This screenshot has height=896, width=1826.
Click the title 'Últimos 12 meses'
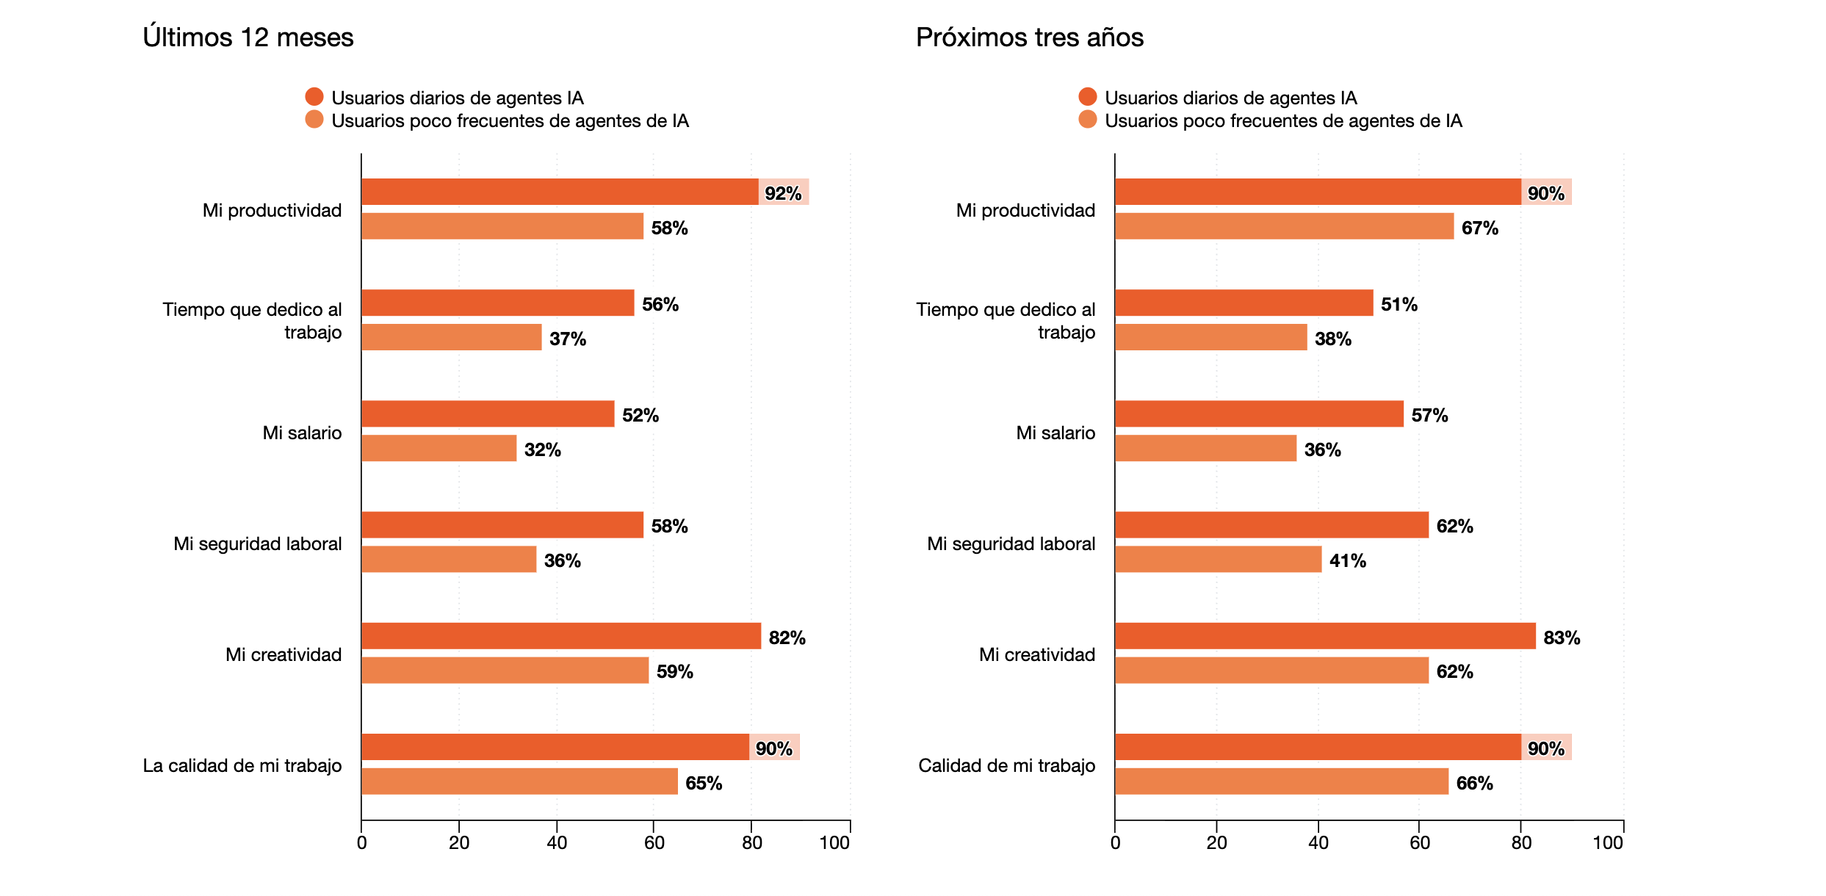point(248,37)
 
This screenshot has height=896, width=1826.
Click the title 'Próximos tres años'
point(1029,37)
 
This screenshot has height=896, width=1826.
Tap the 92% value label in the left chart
point(783,193)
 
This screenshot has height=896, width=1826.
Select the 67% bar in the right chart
point(1284,226)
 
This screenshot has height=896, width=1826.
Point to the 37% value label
point(568,339)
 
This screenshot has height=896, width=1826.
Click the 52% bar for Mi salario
point(488,413)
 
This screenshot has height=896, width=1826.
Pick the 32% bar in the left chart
point(439,448)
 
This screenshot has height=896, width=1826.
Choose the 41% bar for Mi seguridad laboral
point(1218,559)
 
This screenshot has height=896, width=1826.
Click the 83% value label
point(1562,637)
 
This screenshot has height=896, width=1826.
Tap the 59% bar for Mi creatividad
point(505,670)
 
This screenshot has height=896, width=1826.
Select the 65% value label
point(704,783)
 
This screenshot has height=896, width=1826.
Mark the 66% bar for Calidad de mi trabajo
point(1282,781)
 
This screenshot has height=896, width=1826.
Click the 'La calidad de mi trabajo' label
point(242,765)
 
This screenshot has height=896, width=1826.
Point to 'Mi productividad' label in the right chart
point(1025,210)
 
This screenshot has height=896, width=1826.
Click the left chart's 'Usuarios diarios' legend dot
point(314,96)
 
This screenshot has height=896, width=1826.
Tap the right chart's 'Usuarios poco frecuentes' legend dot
point(1088,119)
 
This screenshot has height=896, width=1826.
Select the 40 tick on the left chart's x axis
point(557,842)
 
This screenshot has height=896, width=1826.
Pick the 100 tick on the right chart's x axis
point(1608,842)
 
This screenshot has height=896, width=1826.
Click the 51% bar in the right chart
point(1244,303)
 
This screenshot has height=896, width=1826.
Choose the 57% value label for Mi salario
point(1429,415)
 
